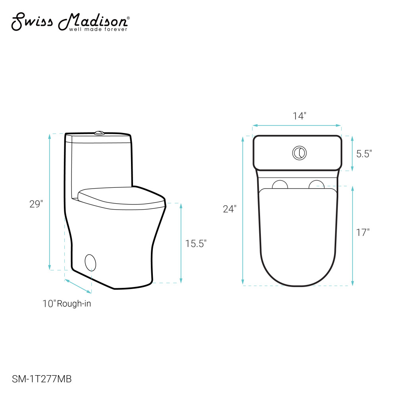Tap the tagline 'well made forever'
[x=98, y=29]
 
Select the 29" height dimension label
[x=36, y=204]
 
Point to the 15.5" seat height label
[x=196, y=243]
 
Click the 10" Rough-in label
[x=67, y=303]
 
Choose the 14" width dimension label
[x=299, y=116]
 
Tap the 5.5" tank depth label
[x=364, y=154]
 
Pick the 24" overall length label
[x=229, y=209]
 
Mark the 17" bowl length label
[x=362, y=232]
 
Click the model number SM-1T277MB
[x=42, y=379]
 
